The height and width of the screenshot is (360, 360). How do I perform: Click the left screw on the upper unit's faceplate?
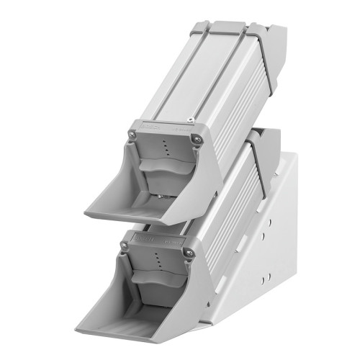132,134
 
